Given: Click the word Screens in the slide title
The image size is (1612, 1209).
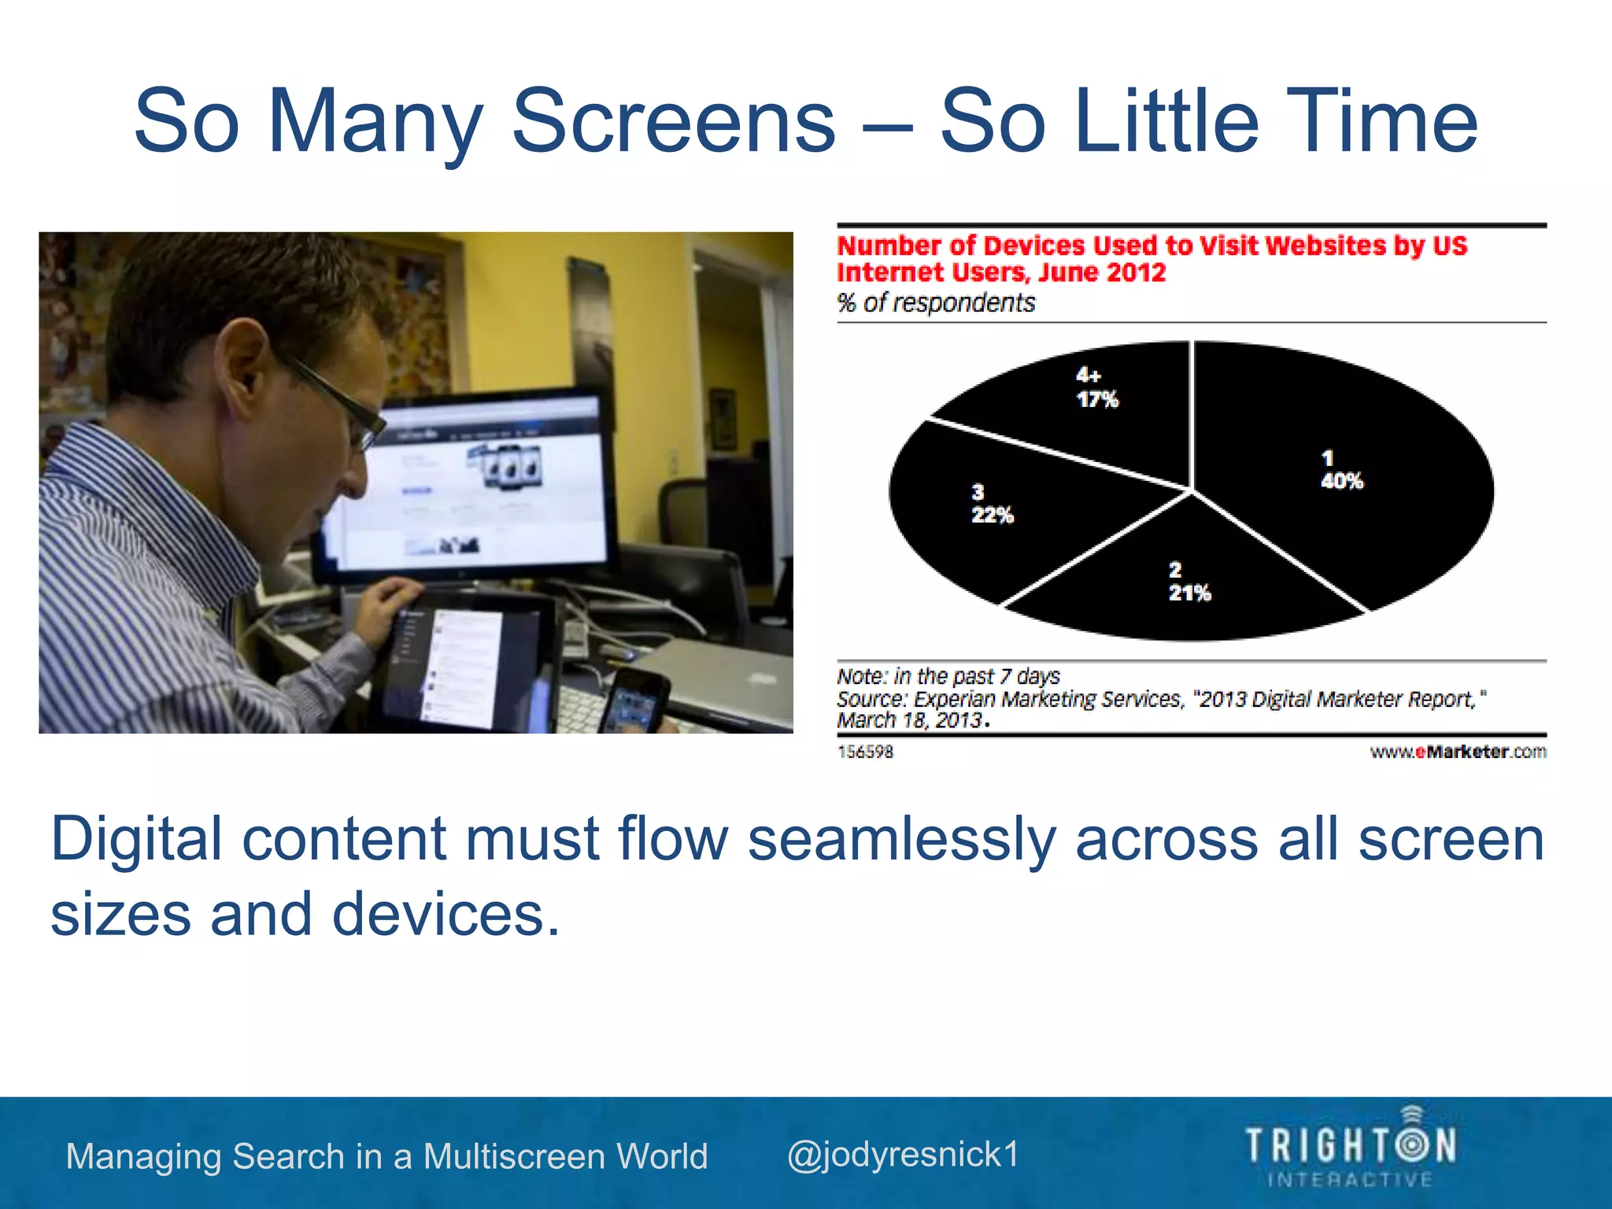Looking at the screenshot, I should [x=673, y=122].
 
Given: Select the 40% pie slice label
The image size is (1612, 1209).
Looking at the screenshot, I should [x=1341, y=481].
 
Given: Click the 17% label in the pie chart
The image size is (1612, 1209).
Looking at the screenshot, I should [x=1097, y=399].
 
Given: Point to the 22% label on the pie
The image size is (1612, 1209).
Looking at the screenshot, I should [x=992, y=516].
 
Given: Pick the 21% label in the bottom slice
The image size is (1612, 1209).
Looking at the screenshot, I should [x=1189, y=593].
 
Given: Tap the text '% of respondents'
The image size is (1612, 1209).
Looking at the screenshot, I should [x=936, y=303].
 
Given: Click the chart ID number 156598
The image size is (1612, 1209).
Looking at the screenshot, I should [x=865, y=752].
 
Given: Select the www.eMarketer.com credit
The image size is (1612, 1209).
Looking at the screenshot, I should [x=1458, y=752].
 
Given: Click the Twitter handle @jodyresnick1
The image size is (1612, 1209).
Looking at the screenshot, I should [x=903, y=1155].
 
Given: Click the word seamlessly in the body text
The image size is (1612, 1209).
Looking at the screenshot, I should [x=901, y=839].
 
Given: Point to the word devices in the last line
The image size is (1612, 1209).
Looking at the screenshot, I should [x=445, y=915].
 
